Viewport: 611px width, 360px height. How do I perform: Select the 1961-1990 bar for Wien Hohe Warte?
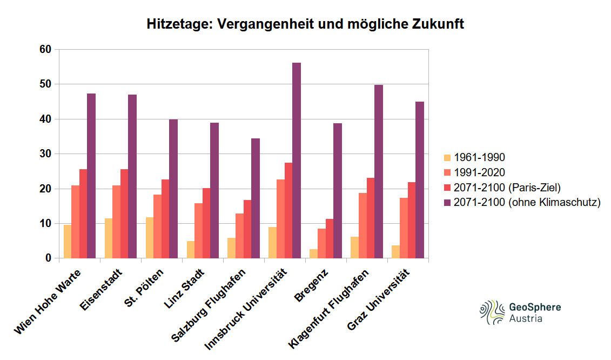(x=68, y=242)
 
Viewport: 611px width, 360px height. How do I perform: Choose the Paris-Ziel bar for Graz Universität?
(x=412, y=220)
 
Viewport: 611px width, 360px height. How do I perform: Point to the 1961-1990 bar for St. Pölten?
(x=150, y=238)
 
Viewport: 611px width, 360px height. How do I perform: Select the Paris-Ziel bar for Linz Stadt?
(x=206, y=223)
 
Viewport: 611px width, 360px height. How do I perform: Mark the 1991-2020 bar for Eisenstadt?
(x=116, y=222)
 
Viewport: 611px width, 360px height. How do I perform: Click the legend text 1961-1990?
(x=479, y=158)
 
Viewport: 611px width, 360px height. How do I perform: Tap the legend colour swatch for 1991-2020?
(x=447, y=173)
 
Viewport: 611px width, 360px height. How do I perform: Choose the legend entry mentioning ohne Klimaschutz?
(x=527, y=203)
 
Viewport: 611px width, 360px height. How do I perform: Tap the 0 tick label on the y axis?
(x=48, y=258)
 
